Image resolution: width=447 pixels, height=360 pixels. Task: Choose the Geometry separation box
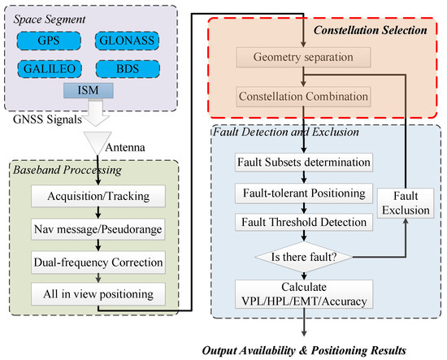click(302, 59)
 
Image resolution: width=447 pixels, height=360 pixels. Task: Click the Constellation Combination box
click(302, 97)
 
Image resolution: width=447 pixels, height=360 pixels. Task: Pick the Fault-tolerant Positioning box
click(302, 193)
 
